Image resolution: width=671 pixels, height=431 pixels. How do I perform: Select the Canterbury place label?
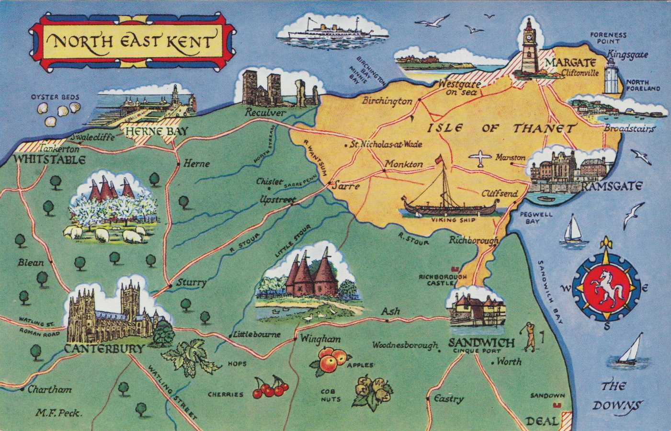coord(104,349)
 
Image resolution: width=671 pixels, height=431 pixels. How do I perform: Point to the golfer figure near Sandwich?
coord(529,337)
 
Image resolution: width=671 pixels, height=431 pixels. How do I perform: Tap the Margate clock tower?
coord(528,48)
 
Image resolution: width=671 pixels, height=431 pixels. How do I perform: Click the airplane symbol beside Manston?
coord(481,159)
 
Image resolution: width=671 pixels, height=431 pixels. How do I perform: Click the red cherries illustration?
coord(270,387)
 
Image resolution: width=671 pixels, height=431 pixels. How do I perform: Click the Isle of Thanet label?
coord(501,128)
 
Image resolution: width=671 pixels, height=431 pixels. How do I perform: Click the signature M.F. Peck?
coord(59,413)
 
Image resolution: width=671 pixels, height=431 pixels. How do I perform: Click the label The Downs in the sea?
coord(614,396)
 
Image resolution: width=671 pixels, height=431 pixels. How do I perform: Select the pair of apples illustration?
coord(332,360)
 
